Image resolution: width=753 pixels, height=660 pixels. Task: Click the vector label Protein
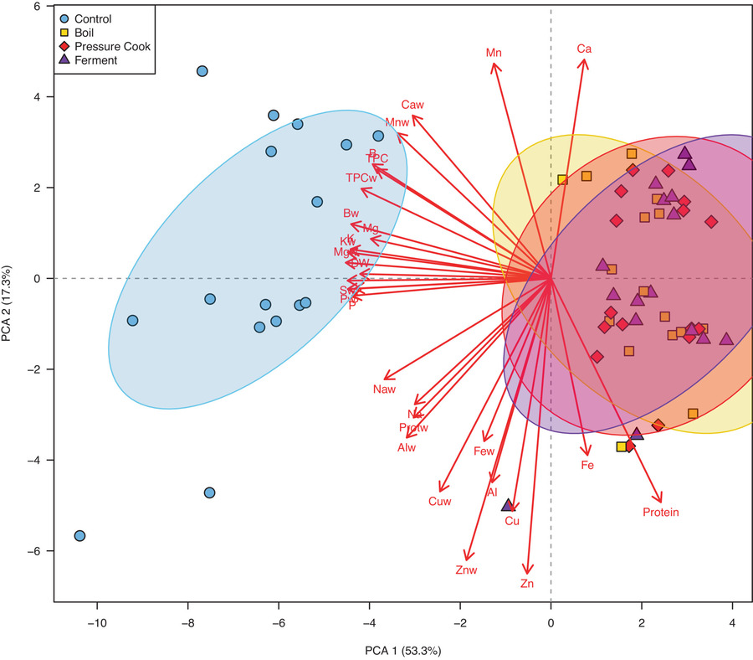[x=661, y=513]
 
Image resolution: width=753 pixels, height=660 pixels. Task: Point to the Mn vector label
[x=494, y=53]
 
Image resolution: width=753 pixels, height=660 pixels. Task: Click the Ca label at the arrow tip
[x=585, y=49]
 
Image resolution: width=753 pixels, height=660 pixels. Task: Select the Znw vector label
[x=466, y=571]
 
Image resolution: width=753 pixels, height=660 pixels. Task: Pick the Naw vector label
[x=384, y=389]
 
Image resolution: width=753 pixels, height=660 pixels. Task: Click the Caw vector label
[x=412, y=106]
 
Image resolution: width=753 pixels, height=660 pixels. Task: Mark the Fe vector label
[x=587, y=465]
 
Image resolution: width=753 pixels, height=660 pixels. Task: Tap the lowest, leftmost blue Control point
[x=79, y=536]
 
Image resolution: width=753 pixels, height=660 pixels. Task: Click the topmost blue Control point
[x=202, y=71]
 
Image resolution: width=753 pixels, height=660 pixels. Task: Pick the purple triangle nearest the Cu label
[x=507, y=505]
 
